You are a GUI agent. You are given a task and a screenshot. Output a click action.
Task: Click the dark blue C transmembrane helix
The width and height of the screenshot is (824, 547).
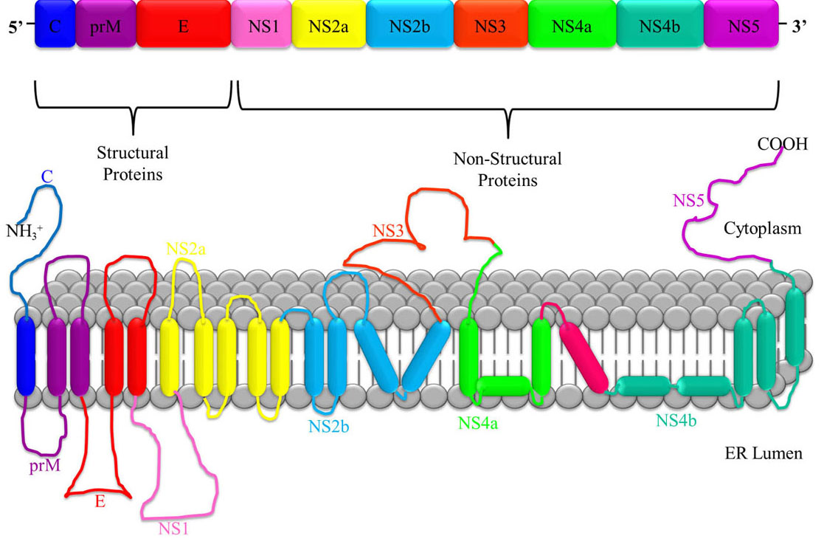click(x=27, y=357)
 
